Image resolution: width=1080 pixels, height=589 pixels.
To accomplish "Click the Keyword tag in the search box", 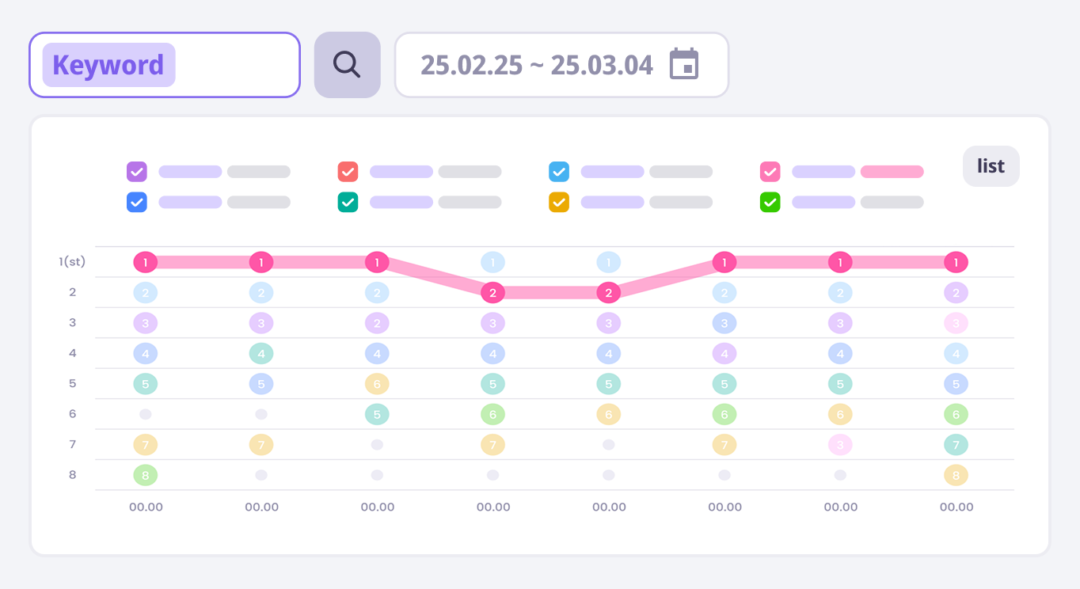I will (108, 65).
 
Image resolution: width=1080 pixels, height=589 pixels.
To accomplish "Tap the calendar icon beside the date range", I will (684, 64).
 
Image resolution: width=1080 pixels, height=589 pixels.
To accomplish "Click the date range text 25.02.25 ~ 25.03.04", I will (536, 65).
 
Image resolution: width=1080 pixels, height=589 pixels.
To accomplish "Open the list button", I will (991, 166).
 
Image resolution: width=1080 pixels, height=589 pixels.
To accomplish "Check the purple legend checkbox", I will (137, 172).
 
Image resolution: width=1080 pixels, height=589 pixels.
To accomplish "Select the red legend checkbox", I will (348, 172).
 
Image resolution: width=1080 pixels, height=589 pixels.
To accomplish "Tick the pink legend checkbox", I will (770, 172).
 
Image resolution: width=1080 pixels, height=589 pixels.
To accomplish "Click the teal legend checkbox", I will (348, 202).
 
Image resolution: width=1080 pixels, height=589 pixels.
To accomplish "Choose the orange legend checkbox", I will (559, 202).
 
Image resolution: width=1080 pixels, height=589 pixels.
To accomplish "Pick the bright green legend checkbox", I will (770, 202).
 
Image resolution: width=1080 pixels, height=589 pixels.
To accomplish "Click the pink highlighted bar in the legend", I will (892, 172).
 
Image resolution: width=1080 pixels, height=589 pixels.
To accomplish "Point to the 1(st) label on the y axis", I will (72, 261).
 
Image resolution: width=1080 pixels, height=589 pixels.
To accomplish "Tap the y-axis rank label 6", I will (72, 413).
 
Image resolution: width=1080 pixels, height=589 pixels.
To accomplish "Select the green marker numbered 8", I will (146, 475).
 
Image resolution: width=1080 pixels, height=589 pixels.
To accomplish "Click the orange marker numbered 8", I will (956, 475).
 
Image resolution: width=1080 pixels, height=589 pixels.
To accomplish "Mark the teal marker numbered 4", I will (261, 353).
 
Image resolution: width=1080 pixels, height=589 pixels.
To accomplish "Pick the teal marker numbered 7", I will (956, 444).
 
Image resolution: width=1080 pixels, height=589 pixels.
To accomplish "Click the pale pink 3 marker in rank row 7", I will (840, 444).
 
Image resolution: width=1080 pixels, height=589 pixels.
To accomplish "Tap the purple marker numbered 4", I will (724, 353).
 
